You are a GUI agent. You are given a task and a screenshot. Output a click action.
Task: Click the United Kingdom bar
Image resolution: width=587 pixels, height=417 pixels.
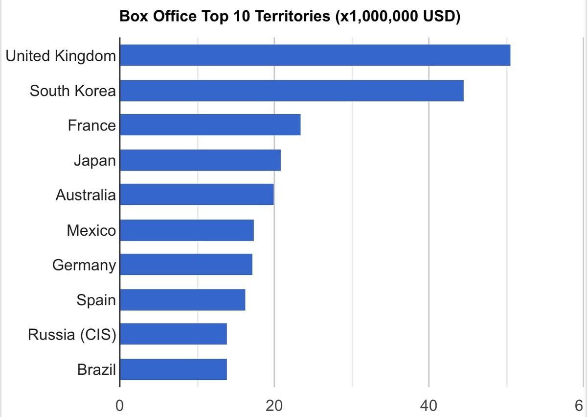coord(315,55)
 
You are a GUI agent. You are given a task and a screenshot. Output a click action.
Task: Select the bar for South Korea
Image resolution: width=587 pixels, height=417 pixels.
coord(292,91)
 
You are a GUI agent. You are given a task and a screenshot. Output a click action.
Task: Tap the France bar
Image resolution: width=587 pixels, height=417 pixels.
coord(210,125)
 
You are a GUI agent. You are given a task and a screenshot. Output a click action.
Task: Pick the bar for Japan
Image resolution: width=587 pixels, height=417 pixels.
coord(200,160)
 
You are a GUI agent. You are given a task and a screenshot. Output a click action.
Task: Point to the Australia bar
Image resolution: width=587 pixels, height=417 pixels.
coord(197,195)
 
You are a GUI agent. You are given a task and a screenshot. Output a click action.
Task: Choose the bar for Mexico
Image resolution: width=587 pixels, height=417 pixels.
coord(186,230)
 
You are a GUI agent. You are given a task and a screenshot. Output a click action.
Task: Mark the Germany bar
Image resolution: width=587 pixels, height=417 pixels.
coord(186,265)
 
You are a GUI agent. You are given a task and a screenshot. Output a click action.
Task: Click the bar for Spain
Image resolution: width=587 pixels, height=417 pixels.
coord(182,300)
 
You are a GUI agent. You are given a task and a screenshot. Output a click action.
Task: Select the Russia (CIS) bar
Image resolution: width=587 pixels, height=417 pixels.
coord(173,334)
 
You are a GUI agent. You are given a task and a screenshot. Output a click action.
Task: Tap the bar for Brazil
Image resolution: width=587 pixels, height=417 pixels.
coord(173,369)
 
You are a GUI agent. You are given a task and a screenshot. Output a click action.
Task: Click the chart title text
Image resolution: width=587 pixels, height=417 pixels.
coord(290,16)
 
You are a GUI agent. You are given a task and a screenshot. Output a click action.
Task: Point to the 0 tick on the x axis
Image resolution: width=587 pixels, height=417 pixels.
coord(119,406)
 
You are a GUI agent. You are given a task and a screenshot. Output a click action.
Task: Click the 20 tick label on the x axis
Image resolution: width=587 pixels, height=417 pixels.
coord(274,406)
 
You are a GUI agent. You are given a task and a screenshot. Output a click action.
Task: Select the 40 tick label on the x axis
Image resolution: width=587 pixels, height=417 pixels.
coord(429,406)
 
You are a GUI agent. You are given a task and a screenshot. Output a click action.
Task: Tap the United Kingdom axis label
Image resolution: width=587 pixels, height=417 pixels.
coord(61,56)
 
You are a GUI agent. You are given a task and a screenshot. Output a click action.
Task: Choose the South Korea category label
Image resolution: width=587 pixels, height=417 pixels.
coord(73,91)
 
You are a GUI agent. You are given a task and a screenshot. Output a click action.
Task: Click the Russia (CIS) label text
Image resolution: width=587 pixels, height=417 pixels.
coord(72,335)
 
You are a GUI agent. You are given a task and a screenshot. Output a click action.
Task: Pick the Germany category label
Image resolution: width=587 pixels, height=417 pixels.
coord(84,265)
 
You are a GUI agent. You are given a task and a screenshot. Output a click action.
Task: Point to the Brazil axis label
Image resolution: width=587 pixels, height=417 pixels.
coord(96,369)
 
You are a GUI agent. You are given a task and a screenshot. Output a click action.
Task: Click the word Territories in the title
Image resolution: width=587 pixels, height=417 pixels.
coord(292,16)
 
